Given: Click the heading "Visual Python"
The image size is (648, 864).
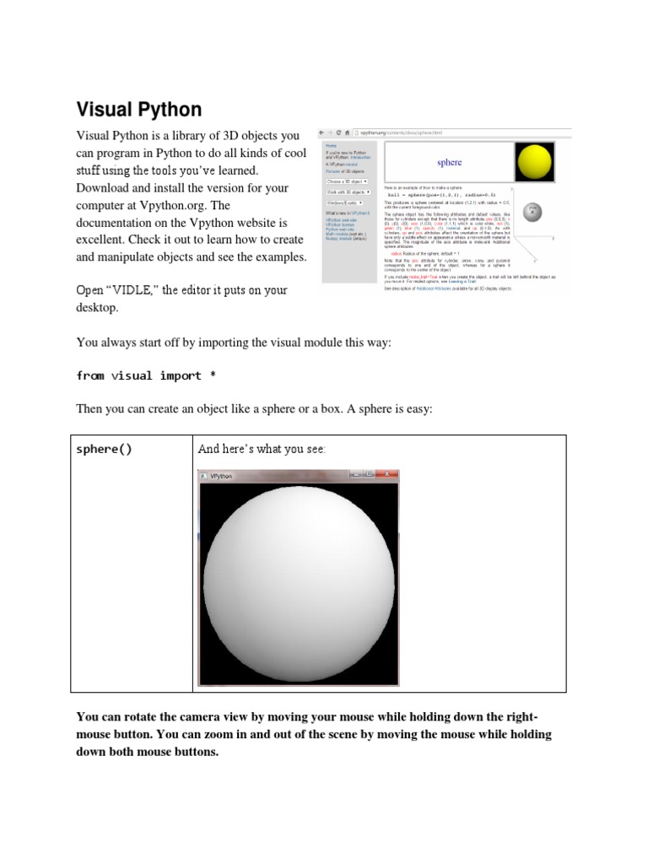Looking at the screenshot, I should click(139, 110).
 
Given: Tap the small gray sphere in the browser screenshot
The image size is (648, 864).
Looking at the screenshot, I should click(532, 213).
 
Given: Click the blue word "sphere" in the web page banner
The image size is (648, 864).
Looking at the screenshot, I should click(449, 162).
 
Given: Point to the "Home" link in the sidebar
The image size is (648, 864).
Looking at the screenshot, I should click(330, 144).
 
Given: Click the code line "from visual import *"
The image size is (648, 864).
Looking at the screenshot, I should click(151, 375).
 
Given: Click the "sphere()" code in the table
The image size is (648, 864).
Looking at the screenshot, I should click(104, 449).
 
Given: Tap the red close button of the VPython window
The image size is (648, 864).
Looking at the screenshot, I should click(391, 475).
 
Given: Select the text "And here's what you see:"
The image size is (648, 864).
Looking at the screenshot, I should click(261, 449).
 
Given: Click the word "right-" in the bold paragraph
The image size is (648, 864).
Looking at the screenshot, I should click(532, 717).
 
